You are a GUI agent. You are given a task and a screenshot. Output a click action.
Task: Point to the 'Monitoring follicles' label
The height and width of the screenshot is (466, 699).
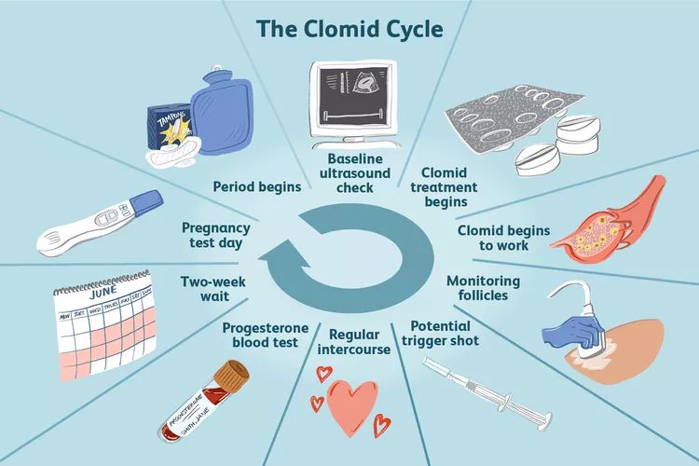(484, 288)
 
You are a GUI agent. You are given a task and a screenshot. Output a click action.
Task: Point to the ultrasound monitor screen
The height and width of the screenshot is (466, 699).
(351, 88)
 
